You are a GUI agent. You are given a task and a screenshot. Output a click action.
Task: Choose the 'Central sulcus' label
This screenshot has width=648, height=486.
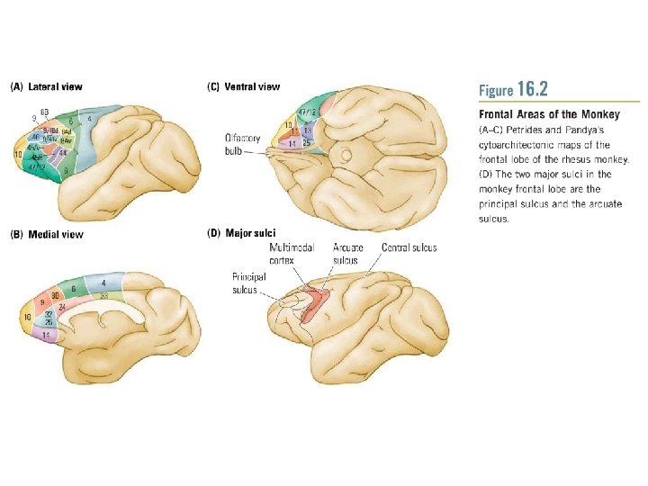[409, 247]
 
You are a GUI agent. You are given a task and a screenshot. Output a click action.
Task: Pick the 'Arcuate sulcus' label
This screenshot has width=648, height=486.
[346, 254]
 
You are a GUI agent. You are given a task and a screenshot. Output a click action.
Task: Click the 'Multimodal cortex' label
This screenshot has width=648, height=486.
[292, 254]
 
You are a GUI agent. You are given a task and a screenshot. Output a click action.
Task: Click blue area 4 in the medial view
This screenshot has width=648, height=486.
[104, 283]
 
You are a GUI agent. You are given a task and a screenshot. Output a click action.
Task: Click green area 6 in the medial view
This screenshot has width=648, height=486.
[74, 288]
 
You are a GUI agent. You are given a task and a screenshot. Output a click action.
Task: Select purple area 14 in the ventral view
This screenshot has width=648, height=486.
[292, 143]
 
